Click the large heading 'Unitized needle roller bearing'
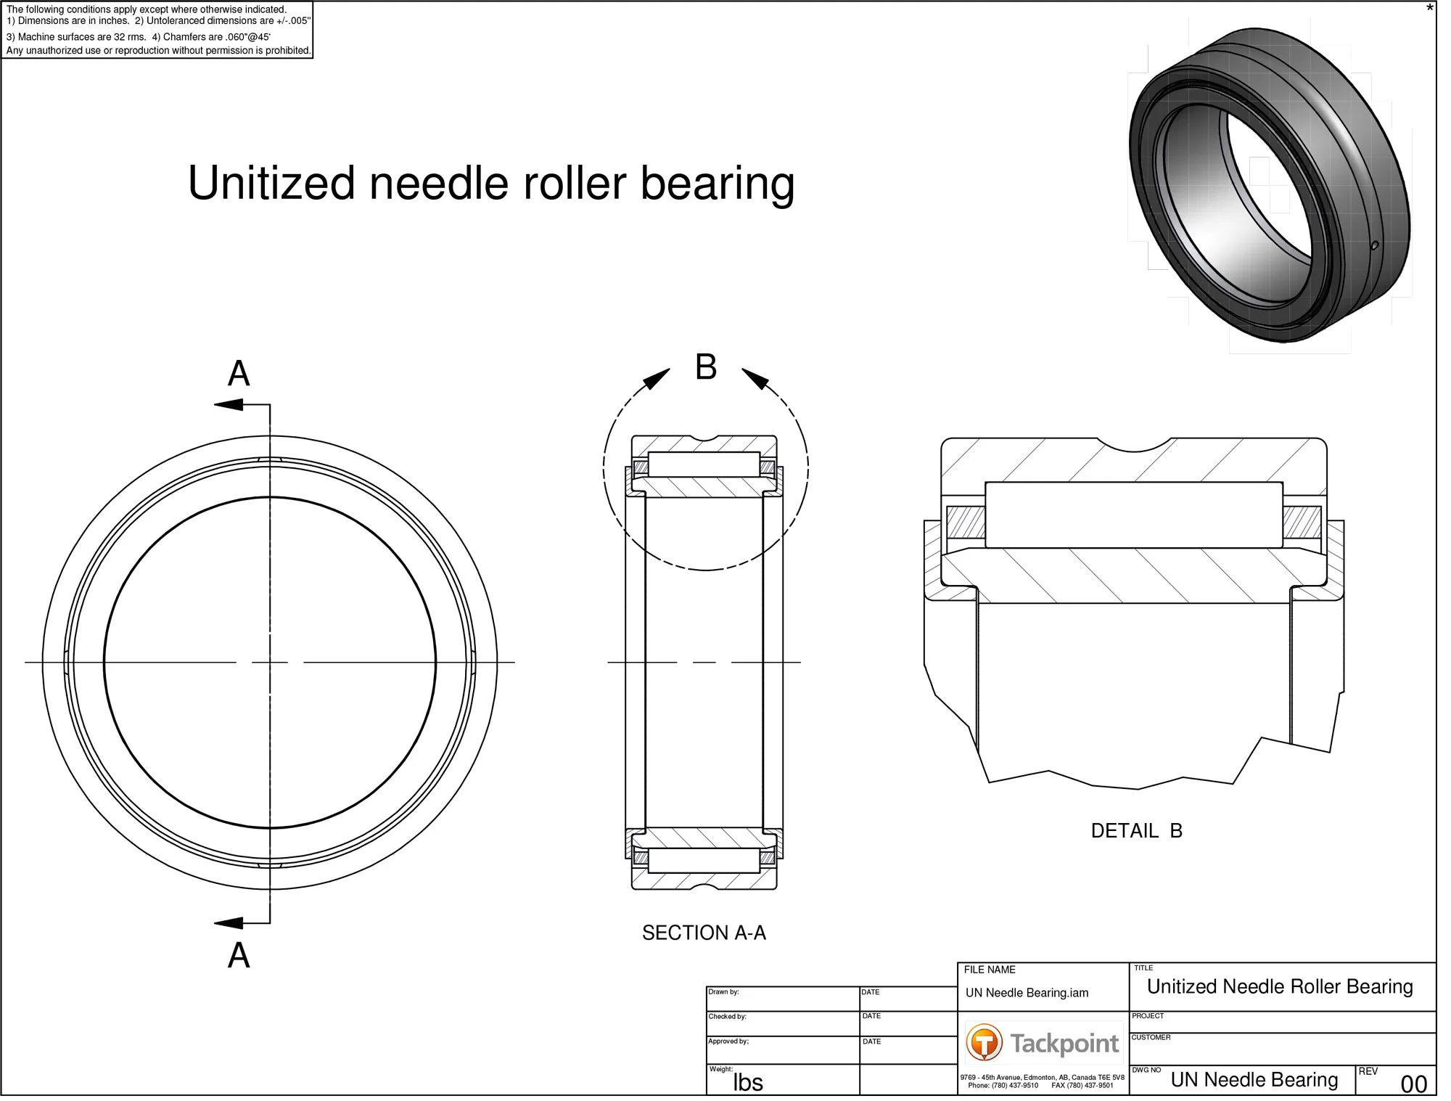pyautogui.click(x=491, y=183)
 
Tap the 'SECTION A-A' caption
pyautogui.click(x=704, y=933)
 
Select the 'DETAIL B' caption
pyautogui.click(x=1136, y=831)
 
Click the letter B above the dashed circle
pyautogui.click(x=706, y=367)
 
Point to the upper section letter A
pyautogui.click(x=239, y=374)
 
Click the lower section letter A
pyautogui.click(x=239, y=955)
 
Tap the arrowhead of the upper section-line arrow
pyautogui.click(x=228, y=404)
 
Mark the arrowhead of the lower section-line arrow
pyautogui.click(x=228, y=923)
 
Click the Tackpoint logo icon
pyautogui.click(x=984, y=1043)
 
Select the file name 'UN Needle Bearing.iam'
pyautogui.click(x=1027, y=993)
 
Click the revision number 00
pyautogui.click(x=1413, y=1084)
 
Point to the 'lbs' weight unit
pyautogui.click(x=748, y=1083)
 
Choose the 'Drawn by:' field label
pyautogui.click(x=723, y=991)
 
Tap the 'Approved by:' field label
pyautogui.click(x=728, y=1041)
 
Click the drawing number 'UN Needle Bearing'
pyautogui.click(x=1254, y=1080)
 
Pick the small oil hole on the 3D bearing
pyautogui.click(x=1374, y=245)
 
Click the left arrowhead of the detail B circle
pyautogui.click(x=658, y=378)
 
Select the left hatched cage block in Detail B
pyautogui.click(x=966, y=522)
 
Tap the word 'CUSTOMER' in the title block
pyautogui.click(x=1151, y=1037)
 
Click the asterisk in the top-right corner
pyautogui.click(x=1430, y=9)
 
